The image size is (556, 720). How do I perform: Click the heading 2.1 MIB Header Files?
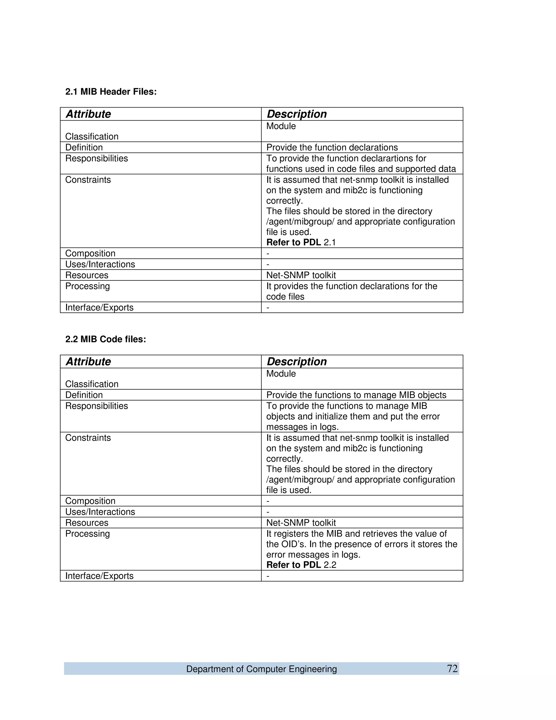point(111,92)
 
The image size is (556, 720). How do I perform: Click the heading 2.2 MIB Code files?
point(105,339)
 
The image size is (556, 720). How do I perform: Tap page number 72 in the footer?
point(452,669)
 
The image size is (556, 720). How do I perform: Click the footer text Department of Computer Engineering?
point(261,669)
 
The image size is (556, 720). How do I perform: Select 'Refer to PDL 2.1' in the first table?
point(301,242)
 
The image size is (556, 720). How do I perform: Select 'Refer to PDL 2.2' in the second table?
point(301,565)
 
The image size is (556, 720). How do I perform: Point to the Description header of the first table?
point(296,114)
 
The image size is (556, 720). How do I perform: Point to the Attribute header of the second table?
point(88,362)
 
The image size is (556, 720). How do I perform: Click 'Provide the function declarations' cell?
point(332,147)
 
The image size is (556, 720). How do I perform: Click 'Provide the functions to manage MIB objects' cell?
point(356,395)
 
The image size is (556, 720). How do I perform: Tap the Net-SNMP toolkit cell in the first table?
point(301,275)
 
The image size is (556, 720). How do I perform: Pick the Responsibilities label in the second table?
point(96,406)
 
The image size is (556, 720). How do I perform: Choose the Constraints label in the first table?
point(88,180)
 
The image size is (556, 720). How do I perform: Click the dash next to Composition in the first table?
point(268,253)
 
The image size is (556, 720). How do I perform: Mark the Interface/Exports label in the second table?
point(99,576)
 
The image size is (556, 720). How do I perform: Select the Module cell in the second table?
point(281,374)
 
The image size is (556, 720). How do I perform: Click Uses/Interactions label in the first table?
point(100,264)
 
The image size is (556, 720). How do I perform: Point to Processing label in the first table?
point(87,286)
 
